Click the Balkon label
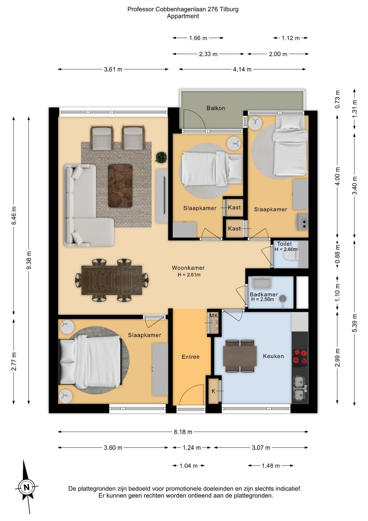point(216,108)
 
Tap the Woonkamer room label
point(188,268)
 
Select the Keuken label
point(273,356)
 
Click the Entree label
point(191,357)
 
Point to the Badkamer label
point(264,294)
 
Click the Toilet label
point(284,244)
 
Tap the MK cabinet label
point(214,315)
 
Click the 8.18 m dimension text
point(183,432)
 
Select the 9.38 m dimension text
point(29,260)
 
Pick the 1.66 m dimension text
point(198,38)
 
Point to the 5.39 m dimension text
point(354,323)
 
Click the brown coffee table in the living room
point(120,186)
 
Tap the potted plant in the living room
point(161,157)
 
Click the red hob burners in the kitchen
point(300,357)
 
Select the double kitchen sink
point(300,388)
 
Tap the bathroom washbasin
point(262,283)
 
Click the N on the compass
point(27,487)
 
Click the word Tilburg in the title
point(229,9)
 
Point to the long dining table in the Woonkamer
point(112,280)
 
